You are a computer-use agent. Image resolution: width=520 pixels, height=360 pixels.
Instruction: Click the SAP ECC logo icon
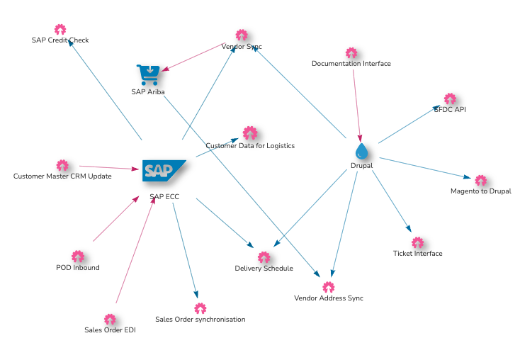tap(164, 170)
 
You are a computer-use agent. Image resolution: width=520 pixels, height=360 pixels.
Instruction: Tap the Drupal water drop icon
tap(362, 151)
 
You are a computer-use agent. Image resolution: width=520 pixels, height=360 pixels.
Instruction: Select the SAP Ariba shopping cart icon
tap(148, 74)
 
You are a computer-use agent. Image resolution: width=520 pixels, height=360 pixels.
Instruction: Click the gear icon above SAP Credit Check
tap(60, 30)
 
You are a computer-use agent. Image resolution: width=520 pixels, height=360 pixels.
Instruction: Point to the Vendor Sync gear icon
tap(242, 35)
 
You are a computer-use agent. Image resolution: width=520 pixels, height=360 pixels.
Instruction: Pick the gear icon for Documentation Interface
tap(351, 53)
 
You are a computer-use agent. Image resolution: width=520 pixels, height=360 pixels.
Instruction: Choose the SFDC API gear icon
tap(450, 99)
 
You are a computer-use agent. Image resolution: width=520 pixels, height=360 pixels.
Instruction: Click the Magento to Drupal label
tap(480, 191)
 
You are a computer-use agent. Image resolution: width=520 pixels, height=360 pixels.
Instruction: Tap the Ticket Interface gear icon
tap(418, 243)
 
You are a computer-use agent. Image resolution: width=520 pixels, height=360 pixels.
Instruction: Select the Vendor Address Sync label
tap(329, 298)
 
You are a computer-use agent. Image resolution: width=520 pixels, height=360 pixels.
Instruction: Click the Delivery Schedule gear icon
tap(264, 258)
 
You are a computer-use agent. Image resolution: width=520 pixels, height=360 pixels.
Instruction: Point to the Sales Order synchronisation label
tap(200, 320)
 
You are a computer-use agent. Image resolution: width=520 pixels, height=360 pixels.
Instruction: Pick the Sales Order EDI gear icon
tap(110, 320)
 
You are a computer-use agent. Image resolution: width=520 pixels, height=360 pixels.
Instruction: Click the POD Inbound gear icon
tap(78, 257)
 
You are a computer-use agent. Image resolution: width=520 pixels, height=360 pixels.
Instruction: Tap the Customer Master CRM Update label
tap(62, 176)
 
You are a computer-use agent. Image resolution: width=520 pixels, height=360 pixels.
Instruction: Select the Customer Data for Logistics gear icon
tap(250, 133)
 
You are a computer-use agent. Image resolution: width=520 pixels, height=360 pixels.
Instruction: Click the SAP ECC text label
tap(164, 197)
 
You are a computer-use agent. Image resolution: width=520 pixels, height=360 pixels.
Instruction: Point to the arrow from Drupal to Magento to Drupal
tap(425, 169)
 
